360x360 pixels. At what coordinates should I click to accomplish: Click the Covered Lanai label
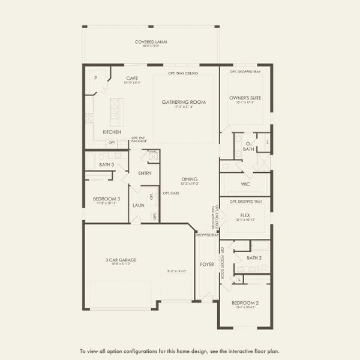(151, 42)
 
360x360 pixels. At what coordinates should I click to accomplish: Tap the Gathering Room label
(184, 102)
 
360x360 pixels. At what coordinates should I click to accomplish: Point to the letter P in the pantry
(95, 78)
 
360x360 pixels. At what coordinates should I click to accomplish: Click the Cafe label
(133, 78)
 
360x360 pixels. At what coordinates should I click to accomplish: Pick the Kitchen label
(112, 132)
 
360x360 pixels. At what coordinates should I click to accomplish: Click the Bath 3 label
(106, 164)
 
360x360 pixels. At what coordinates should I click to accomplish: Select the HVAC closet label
(154, 152)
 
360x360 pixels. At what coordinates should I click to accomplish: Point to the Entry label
(145, 173)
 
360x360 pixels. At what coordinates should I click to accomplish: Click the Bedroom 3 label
(106, 199)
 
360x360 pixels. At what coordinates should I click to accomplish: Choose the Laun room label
(139, 205)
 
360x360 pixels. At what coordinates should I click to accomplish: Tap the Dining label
(190, 179)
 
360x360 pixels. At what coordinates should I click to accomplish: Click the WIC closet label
(245, 184)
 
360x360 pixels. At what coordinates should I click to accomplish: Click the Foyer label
(206, 264)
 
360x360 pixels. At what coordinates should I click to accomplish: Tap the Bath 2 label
(254, 257)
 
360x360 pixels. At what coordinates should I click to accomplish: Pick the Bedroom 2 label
(245, 303)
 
